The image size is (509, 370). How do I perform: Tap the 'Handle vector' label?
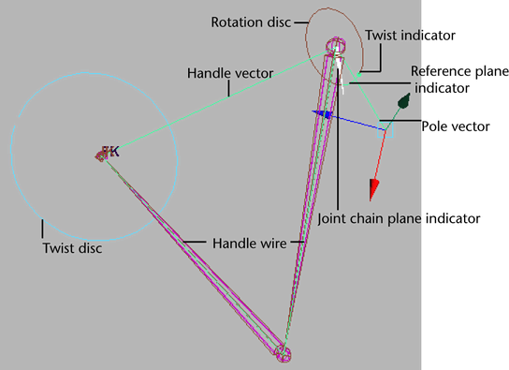(224, 71)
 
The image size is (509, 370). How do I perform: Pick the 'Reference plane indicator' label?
(458, 79)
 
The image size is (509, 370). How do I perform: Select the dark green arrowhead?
(403, 99)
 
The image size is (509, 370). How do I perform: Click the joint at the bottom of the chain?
(285, 354)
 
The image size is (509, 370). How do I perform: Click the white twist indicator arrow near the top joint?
(344, 87)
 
